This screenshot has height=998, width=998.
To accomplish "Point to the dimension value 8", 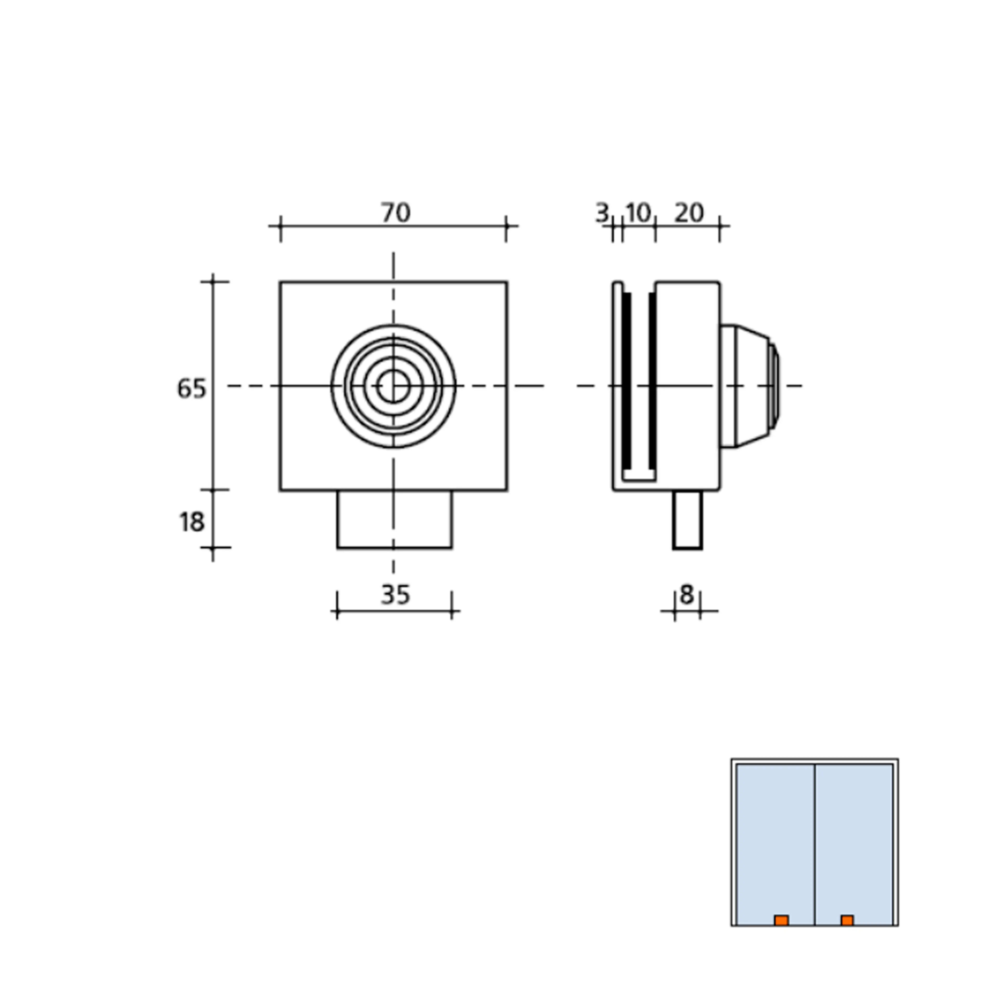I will coord(686,595).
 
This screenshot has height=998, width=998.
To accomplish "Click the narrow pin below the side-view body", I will coord(687,520).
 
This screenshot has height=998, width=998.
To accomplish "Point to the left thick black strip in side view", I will coord(626,380).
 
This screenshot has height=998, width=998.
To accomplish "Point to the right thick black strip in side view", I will coord(652,380).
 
